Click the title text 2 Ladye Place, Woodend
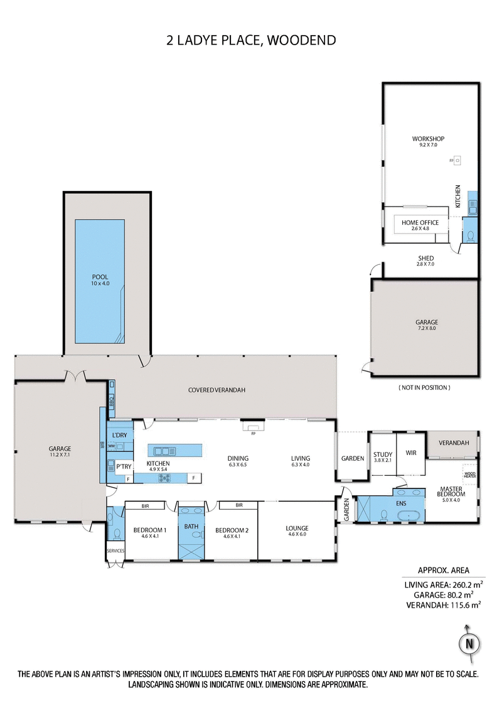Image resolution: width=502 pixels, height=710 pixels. coord(251,41)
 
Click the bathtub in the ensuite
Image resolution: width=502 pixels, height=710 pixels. coord(412,515)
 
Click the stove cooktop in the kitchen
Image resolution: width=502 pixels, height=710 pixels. coord(165,478)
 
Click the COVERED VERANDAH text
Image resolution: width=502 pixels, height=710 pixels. coord(216,390)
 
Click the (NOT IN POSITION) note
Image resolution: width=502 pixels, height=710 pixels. coord(424,387)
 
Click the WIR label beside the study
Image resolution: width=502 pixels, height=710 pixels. coord(412,453)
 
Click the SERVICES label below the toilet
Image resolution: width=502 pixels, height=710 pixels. coord(116,551)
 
